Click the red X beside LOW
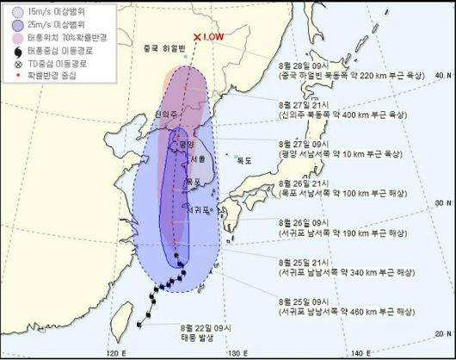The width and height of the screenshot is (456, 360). (x=198, y=38)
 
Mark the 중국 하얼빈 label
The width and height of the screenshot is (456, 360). (x=159, y=48)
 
